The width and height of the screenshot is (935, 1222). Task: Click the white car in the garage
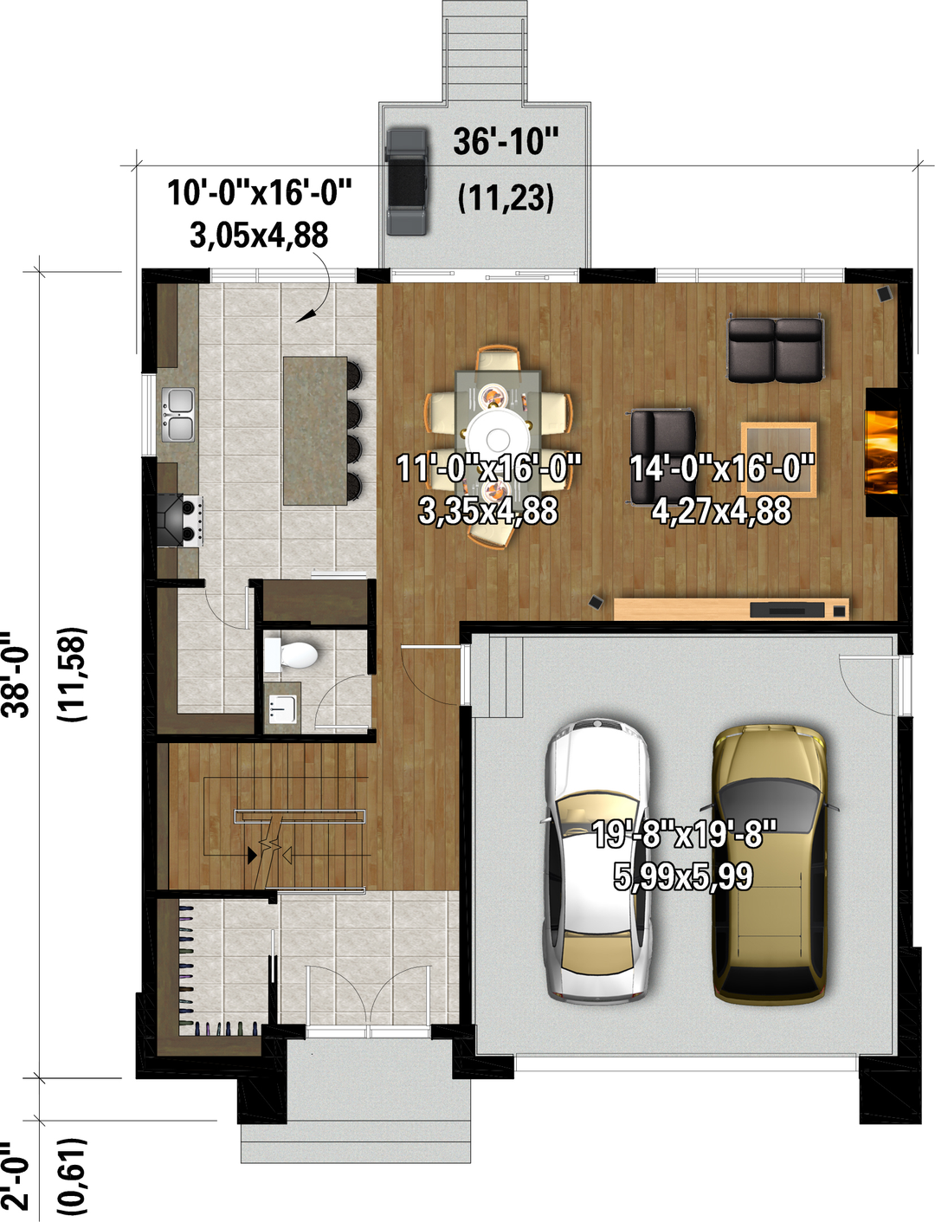click(x=596, y=862)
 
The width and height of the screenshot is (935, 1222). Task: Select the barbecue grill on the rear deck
click(x=407, y=182)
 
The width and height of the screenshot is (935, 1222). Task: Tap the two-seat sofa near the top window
click(x=776, y=350)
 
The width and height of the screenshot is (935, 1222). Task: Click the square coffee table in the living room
click(x=778, y=459)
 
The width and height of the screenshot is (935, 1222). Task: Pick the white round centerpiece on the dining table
click(x=497, y=438)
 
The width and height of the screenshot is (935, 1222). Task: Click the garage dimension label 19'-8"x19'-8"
click(x=684, y=834)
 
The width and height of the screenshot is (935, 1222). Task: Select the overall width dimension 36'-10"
click(x=506, y=141)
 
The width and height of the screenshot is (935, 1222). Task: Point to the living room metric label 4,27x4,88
click(x=721, y=510)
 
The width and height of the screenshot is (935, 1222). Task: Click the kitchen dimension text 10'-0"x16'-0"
click(x=260, y=192)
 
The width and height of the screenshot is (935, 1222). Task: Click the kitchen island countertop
click(x=315, y=430)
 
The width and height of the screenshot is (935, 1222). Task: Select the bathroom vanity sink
click(x=283, y=708)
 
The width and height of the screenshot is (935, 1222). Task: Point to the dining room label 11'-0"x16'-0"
click(x=488, y=468)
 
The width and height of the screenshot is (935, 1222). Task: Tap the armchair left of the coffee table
click(x=662, y=456)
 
